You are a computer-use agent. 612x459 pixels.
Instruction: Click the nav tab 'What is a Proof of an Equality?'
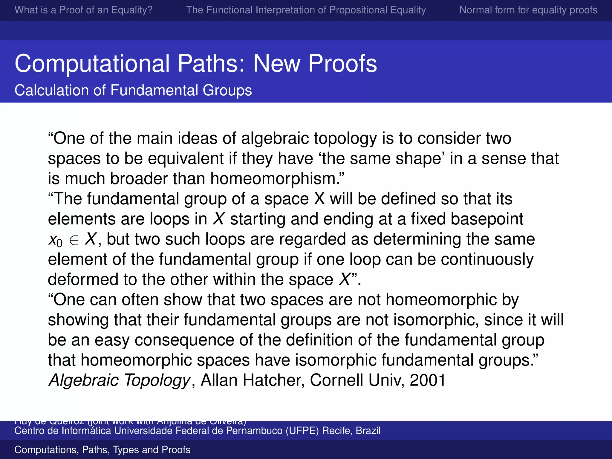pos(83,10)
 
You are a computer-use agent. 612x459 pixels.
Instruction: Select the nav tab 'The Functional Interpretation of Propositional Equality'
pos(306,10)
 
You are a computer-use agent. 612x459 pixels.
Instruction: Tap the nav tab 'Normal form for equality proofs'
pos(528,10)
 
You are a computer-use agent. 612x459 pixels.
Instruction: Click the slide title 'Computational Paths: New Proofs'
pos(196,63)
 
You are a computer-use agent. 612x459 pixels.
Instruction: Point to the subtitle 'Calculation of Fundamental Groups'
pos(133,90)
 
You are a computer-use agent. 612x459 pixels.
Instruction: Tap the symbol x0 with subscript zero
pos(55,240)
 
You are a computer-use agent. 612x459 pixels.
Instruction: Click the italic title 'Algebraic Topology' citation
pos(119,380)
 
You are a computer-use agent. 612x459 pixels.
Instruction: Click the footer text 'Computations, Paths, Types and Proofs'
pos(102,450)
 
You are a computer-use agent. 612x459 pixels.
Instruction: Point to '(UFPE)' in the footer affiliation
pos(302,431)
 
